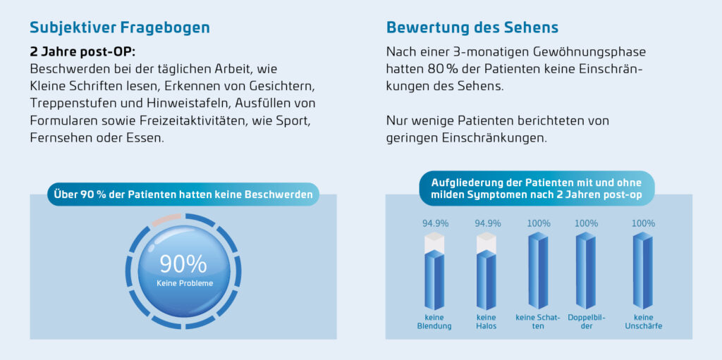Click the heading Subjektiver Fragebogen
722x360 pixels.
(120, 28)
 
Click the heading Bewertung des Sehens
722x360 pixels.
(472, 28)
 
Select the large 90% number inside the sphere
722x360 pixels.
(183, 263)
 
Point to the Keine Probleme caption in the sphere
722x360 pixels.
(185, 283)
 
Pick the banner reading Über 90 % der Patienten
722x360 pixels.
(183, 194)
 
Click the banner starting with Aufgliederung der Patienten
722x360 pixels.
(537, 188)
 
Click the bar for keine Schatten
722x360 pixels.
(539, 271)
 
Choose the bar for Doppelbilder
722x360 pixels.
(586, 271)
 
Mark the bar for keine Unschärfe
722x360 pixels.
(643, 271)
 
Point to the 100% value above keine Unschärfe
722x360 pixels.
(643, 223)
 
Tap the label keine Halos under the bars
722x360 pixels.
(487, 322)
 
